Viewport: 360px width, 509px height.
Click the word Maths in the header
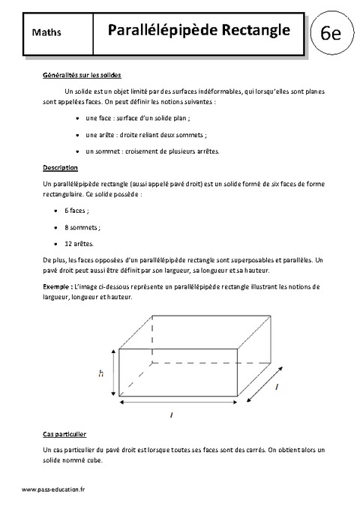[47, 32]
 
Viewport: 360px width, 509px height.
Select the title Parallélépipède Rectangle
[199, 30]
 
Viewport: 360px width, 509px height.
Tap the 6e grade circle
[330, 34]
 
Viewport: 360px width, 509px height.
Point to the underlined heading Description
[61, 166]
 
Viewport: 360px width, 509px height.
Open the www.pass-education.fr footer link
[55, 489]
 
